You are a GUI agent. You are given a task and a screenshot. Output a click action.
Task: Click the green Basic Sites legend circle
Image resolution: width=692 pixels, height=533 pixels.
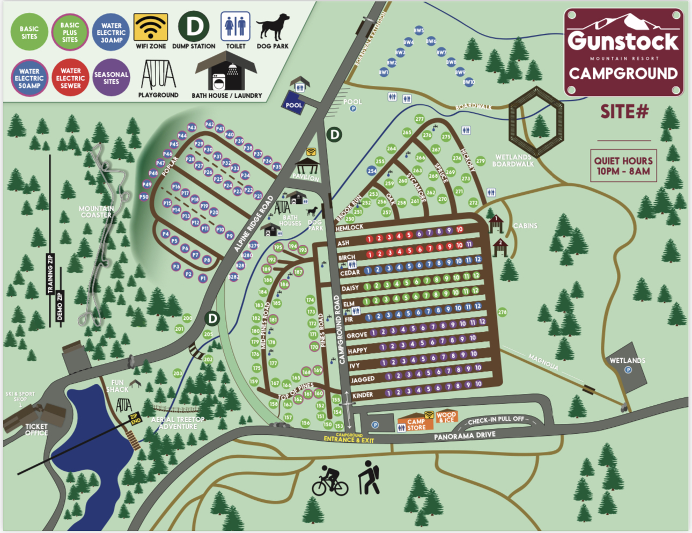[29, 32]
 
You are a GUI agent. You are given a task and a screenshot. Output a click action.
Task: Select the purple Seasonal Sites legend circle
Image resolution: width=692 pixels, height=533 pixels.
[111, 78]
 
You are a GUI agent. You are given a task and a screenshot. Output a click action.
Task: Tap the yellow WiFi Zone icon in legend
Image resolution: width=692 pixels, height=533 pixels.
[151, 26]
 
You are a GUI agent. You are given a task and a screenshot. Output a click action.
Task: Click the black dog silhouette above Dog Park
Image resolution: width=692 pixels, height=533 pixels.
[273, 27]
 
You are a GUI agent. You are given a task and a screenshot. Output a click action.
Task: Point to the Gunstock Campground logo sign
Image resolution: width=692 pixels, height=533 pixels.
[623, 53]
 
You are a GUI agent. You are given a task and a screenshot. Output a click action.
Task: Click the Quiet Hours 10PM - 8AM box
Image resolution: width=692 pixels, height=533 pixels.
[623, 166]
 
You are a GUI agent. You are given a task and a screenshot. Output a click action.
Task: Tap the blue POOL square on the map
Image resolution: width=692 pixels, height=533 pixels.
[293, 105]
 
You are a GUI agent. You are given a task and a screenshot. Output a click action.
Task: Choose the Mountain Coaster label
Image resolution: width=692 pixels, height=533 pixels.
[96, 211]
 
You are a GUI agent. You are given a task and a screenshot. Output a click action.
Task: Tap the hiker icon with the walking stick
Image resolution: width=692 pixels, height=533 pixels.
[369, 477]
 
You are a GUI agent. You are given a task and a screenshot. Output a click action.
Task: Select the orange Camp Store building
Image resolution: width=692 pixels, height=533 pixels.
[415, 424]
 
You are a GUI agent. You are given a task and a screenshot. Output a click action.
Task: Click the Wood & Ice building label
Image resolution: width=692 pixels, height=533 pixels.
[446, 417]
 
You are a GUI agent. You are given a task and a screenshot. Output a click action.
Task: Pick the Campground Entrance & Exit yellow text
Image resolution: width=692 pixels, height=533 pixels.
[349, 439]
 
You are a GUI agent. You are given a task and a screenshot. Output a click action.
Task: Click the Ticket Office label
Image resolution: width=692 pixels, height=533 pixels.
[36, 429]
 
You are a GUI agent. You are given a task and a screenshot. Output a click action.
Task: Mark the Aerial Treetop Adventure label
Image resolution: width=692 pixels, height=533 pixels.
[178, 423]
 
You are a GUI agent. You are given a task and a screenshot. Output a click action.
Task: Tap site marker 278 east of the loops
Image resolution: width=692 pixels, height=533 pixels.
[502, 312]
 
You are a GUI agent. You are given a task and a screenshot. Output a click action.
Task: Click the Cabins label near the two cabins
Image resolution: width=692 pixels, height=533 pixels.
[525, 226]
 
